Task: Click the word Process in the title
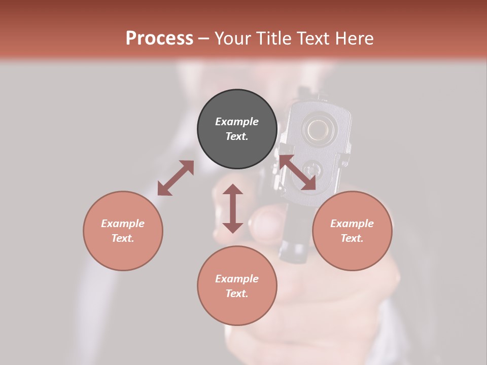click(159, 39)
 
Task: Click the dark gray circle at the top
click(237, 129)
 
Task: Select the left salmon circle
click(123, 231)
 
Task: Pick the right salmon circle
click(352, 231)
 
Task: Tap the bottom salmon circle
click(237, 286)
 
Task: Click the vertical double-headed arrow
click(233, 208)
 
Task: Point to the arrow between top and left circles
click(176, 178)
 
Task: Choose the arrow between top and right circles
click(298, 173)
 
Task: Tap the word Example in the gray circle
click(237, 122)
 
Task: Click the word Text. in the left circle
click(123, 238)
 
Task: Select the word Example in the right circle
click(352, 224)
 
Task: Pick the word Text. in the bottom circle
click(237, 294)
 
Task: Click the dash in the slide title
click(204, 39)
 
